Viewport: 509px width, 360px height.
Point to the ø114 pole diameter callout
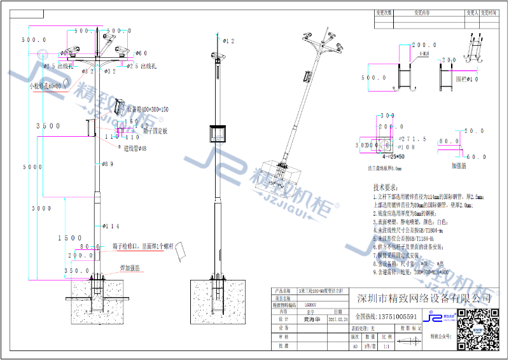click(x=111, y=226)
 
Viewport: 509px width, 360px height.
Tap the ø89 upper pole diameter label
click(x=108, y=164)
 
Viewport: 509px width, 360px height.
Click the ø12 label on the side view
click(x=228, y=41)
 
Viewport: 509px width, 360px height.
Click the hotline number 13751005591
click(x=394, y=316)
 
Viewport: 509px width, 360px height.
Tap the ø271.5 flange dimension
click(x=410, y=139)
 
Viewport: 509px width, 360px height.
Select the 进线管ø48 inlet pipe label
click(x=135, y=148)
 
